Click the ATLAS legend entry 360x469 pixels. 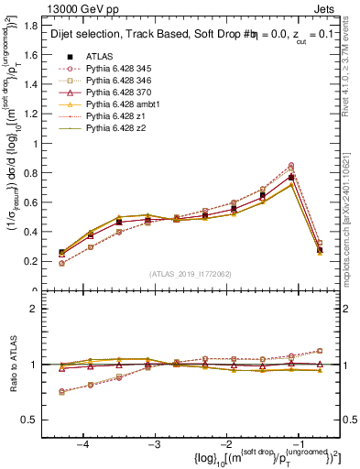pyautogui.click(x=101, y=57)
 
